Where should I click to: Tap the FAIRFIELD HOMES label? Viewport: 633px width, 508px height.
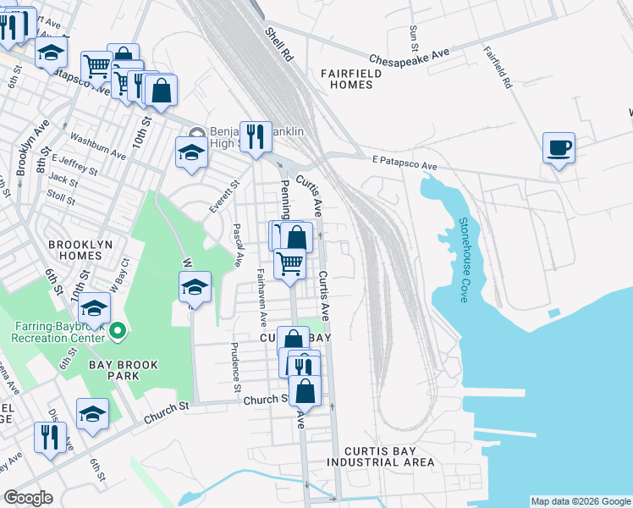click(x=351, y=79)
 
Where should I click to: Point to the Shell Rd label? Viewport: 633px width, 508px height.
click(x=278, y=43)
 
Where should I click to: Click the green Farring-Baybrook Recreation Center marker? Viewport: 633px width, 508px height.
click(x=118, y=330)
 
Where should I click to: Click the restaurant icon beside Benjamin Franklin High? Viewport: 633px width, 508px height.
click(x=255, y=136)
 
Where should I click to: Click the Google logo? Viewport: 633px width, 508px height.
click(x=29, y=498)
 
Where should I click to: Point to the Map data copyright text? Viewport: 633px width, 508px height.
click(x=581, y=501)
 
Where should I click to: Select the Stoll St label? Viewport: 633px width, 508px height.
click(x=62, y=197)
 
